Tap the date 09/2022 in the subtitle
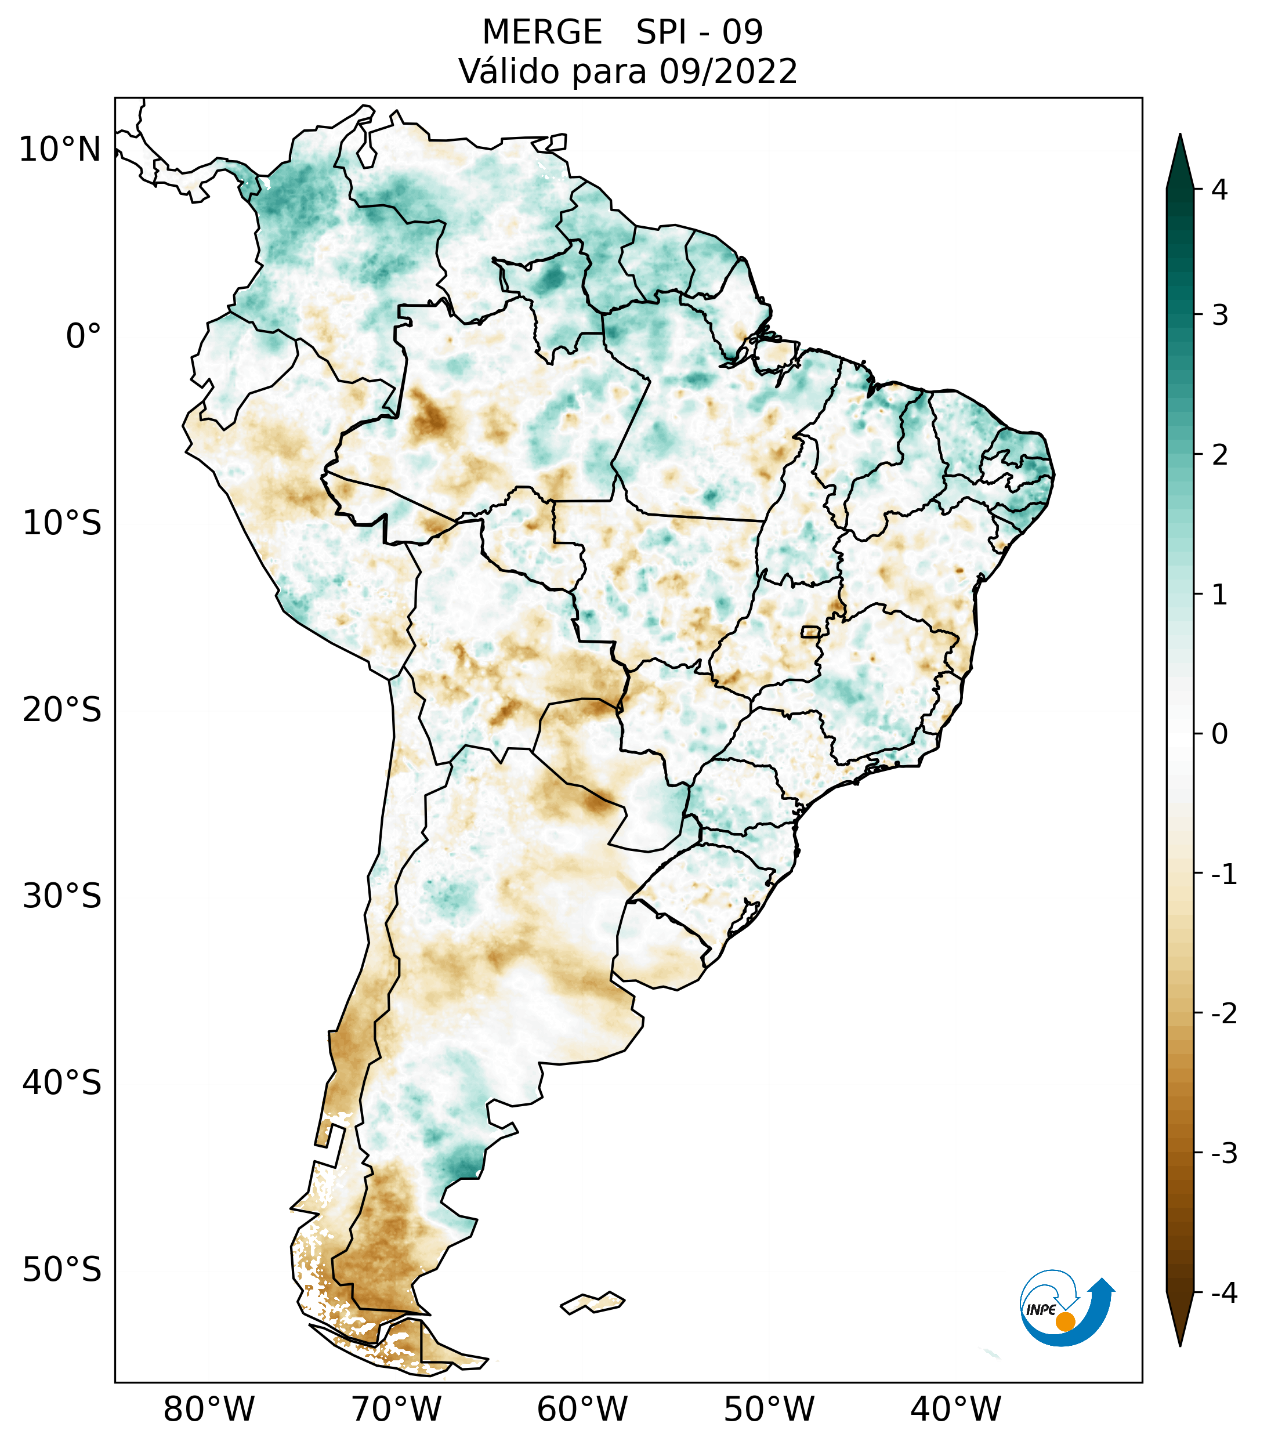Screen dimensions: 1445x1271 click(729, 71)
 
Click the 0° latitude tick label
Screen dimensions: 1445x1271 click(84, 336)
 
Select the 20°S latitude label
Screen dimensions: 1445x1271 click(62, 710)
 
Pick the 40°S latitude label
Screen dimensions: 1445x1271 click(62, 1083)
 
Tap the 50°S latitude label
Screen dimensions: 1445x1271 click(62, 1270)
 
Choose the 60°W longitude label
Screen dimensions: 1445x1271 click(582, 1409)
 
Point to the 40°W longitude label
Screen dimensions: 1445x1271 click(956, 1409)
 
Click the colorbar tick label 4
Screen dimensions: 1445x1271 click(1219, 190)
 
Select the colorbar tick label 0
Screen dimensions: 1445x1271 click(1219, 734)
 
